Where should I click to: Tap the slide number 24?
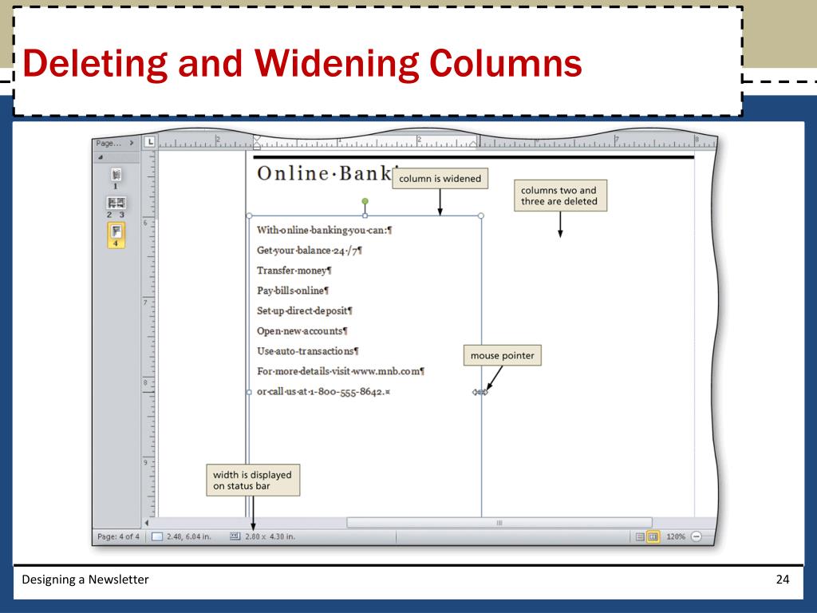coord(782,579)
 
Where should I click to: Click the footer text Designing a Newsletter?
coord(85,579)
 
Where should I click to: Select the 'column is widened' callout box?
coord(440,179)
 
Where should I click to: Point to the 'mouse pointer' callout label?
coord(502,356)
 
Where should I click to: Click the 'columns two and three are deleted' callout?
coord(559,196)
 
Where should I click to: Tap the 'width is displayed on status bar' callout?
coord(252,480)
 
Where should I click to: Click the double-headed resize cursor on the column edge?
coord(480,392)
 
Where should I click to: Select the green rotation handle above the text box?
coord(365,202)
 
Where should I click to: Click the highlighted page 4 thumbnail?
coord(116,235)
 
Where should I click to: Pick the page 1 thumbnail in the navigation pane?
coord(116,176)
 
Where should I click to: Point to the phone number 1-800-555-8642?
coord(354,392)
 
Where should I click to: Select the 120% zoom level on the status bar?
coord(675,536)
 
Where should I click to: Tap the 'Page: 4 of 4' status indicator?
coord(118,536)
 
